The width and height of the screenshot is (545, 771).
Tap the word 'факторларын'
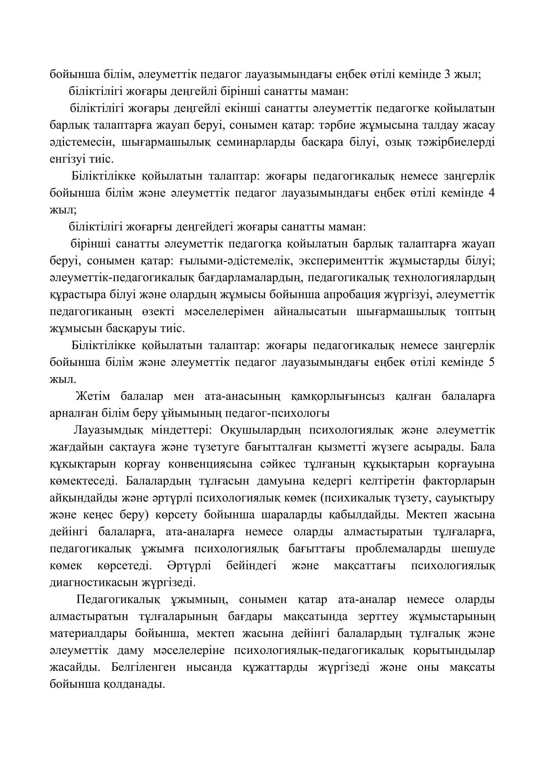(x=459, y=481)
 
